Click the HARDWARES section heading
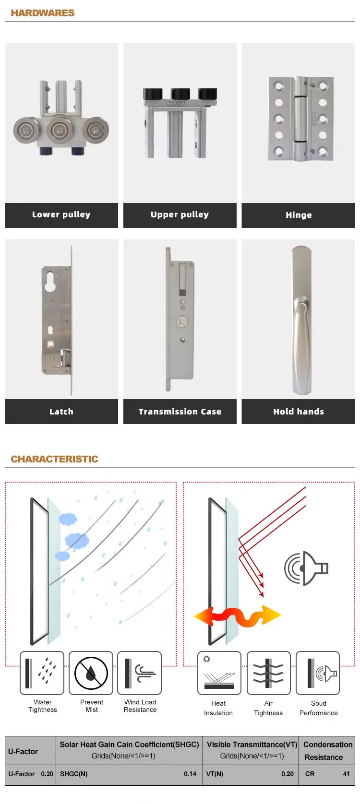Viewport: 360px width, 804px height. (42, 13)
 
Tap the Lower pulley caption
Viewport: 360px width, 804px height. (61, 214)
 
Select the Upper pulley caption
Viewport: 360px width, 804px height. (180, 214)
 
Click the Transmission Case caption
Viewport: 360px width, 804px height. (180, 411)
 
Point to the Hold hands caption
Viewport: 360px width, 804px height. (299, 411)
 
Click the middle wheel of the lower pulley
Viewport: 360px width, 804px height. (60, 130)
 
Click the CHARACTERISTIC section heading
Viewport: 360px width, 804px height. (54, 459)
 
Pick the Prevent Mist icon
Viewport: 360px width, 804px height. (91, 674)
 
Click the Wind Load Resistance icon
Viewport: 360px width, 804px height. (139, 674)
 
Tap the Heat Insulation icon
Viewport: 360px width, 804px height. (219, 674)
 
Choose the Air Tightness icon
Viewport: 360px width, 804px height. (268, 674)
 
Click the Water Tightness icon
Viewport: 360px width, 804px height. (42, 674)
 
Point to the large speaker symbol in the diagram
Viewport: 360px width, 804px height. (306, 568)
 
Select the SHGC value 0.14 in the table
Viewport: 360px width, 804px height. (190, 774)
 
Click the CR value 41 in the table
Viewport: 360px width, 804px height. (346, 774)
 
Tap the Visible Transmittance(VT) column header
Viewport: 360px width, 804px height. (252, 745)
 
